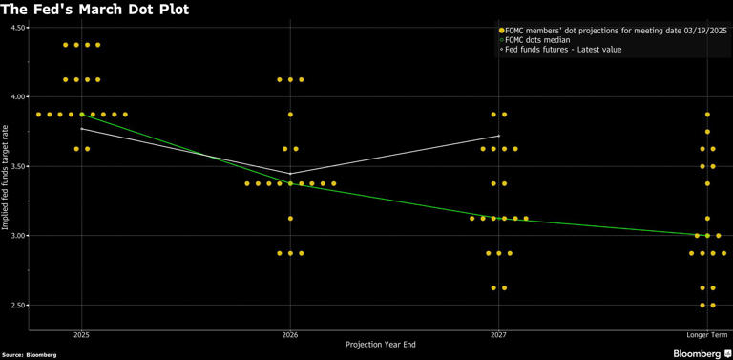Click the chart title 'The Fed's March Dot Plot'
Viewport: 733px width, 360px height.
pyautogui.click(x=94, y=10)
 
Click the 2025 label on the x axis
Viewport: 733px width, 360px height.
pyautogui.click(x=81, y=335)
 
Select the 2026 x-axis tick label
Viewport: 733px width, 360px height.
pyautogui.click(x=290, y=335)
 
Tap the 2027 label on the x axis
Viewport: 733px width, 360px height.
pyautogui.click(x=498, y=335)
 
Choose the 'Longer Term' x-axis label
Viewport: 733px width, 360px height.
pyautogui.click(x=707, y=335)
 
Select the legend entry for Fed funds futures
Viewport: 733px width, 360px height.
pyautogui.click(x=563, y=49)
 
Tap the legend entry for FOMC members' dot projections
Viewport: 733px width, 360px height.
pyautogui.click(x=611, y=30)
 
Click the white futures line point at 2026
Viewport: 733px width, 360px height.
pyautogui.click(x=290, y=174)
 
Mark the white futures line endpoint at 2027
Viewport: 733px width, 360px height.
pyautogui.click(x=498, y=136)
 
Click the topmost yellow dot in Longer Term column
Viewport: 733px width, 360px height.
pyautogui.click(x=707, y=115)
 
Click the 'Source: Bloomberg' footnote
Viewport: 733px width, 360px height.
pyautogui.click(x=29, y=354)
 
